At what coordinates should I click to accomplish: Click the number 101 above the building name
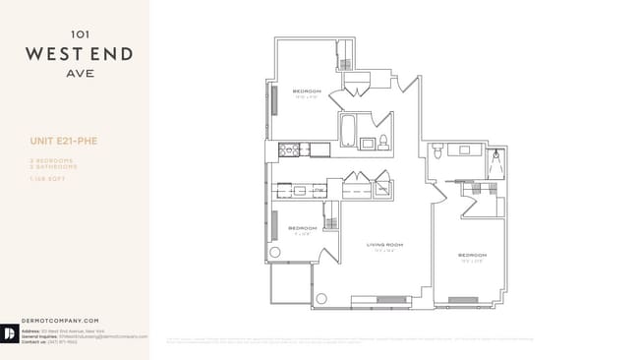point(76,31)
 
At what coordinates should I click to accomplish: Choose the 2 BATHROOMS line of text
point(54,166)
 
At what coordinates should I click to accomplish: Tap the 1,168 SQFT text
point(46,176)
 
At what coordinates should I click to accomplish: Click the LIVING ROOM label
point(385,244)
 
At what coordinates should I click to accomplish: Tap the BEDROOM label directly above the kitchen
point(307,91)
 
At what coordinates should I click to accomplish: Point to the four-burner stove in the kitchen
point(288,150)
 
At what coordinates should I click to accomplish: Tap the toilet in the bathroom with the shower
point(438,150)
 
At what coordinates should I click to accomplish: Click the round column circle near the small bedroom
point(274,253)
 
